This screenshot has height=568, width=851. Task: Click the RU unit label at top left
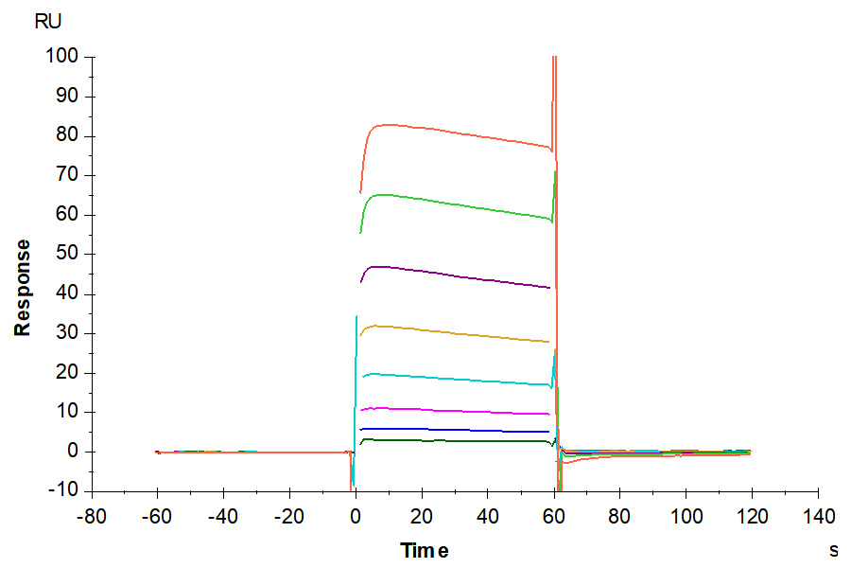(48, 23)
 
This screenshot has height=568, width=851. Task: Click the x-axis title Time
(424, 550)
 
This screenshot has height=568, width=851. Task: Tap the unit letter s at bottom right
(834, 549)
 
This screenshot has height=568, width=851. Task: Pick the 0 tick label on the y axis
(75, 452)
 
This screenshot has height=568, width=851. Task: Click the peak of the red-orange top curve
(388, 125)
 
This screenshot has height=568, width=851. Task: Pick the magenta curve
(454, 411)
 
